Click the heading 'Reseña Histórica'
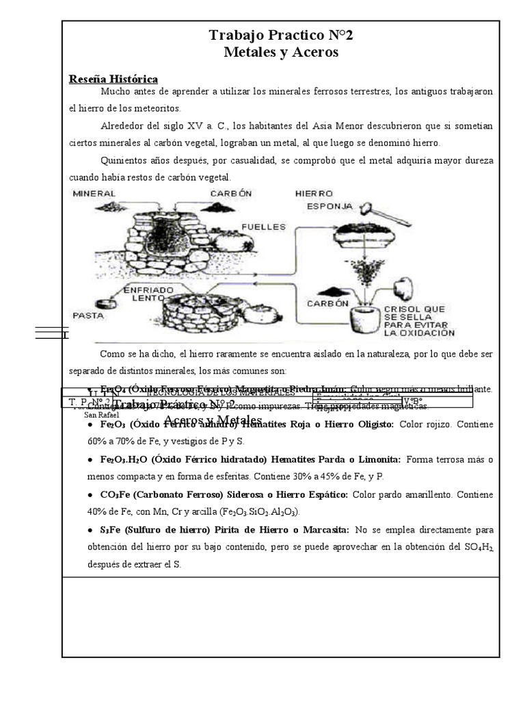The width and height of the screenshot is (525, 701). (113, 79)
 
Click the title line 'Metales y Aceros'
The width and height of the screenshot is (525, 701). (281, 53)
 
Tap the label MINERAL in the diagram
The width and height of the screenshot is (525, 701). (94, 194)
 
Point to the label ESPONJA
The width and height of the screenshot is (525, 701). (329, 205)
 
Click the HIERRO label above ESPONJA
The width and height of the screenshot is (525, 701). (314, 194)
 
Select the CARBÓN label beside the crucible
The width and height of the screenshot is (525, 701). (327, 303)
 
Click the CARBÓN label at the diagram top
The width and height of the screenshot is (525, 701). (231, 194)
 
